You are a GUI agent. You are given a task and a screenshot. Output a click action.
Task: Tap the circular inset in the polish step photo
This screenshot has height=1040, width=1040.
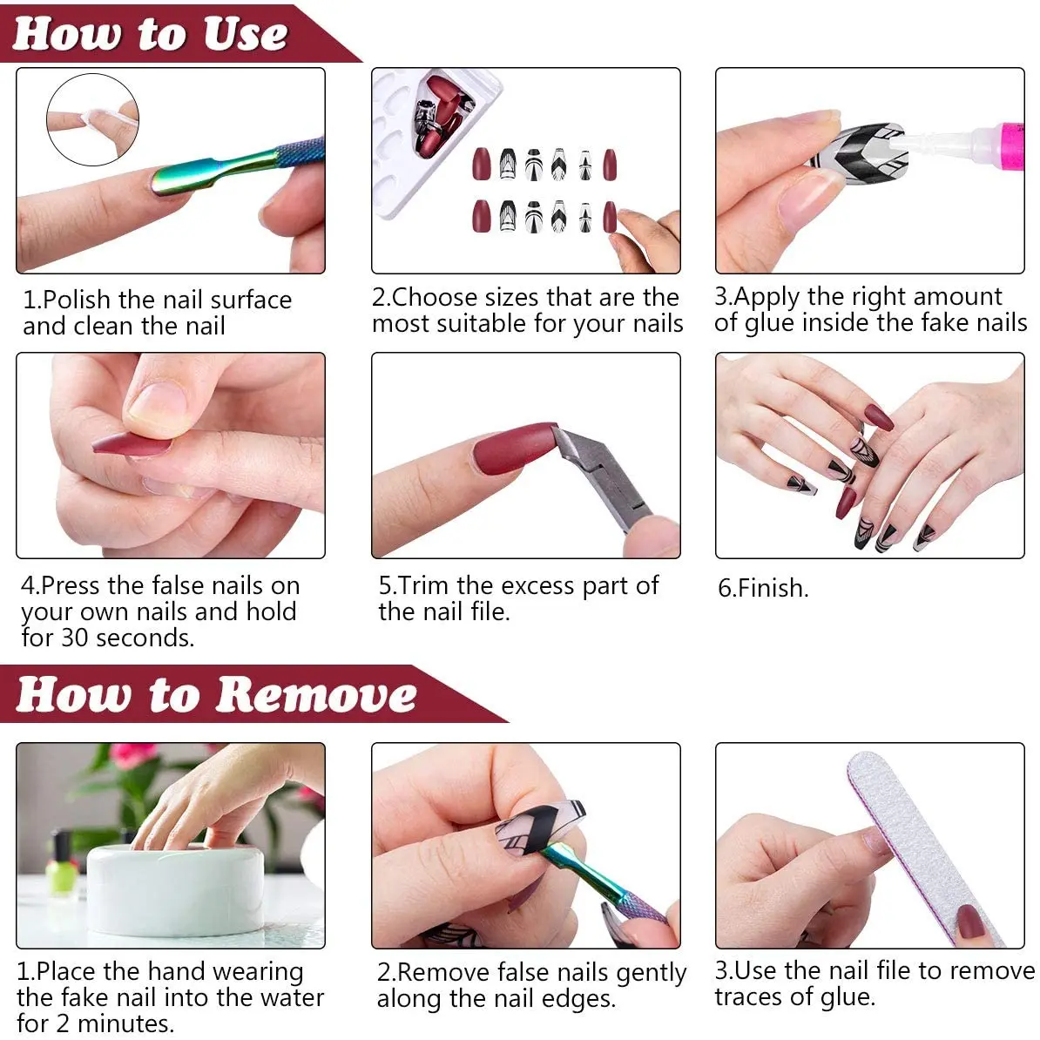(92, 119)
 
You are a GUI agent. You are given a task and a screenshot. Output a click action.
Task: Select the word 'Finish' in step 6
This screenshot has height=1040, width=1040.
(772, 588)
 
